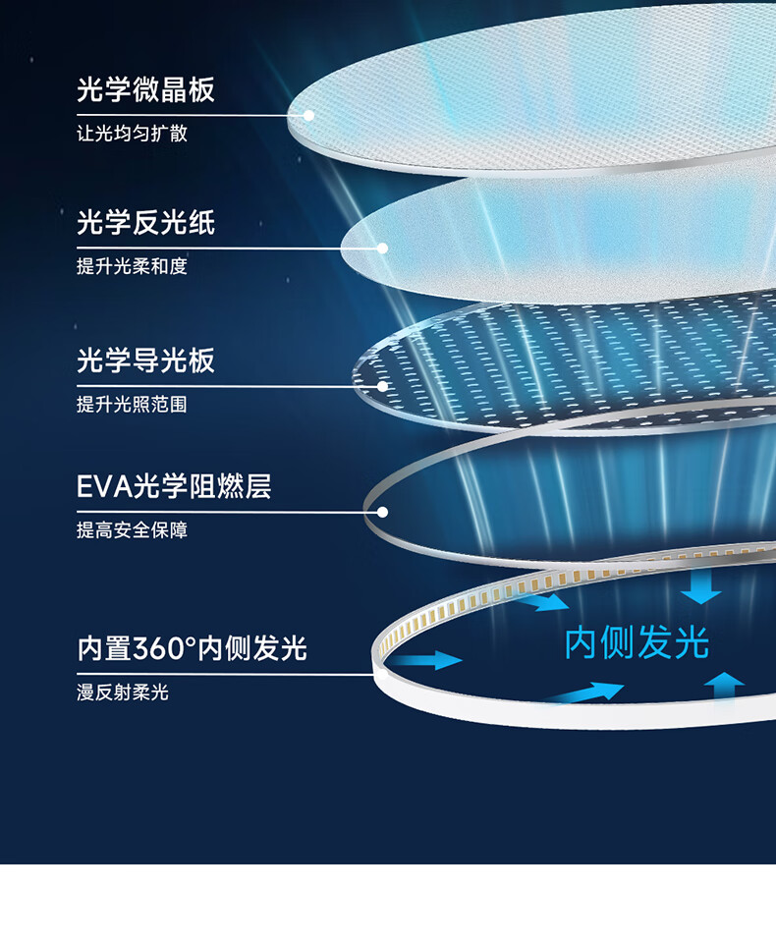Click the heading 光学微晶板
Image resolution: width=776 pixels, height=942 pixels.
[145, 90]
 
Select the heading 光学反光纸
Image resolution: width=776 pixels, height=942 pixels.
[145, 223]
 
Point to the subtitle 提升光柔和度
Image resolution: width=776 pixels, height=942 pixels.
[132, 266]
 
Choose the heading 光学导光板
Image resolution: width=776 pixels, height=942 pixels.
[145, 360]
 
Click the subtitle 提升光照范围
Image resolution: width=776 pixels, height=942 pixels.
[132, 404]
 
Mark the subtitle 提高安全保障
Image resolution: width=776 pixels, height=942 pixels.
[132, 530]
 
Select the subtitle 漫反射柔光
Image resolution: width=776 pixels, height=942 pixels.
[123, 693]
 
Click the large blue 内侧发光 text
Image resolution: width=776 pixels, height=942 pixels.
[637, 644]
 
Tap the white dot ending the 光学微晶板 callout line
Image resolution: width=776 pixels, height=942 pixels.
[308, 115]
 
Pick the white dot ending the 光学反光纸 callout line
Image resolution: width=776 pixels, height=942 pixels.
[382, 248]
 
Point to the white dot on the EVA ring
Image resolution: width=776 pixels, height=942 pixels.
[382, 512]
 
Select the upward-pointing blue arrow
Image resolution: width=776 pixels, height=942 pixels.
[726, 684]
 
